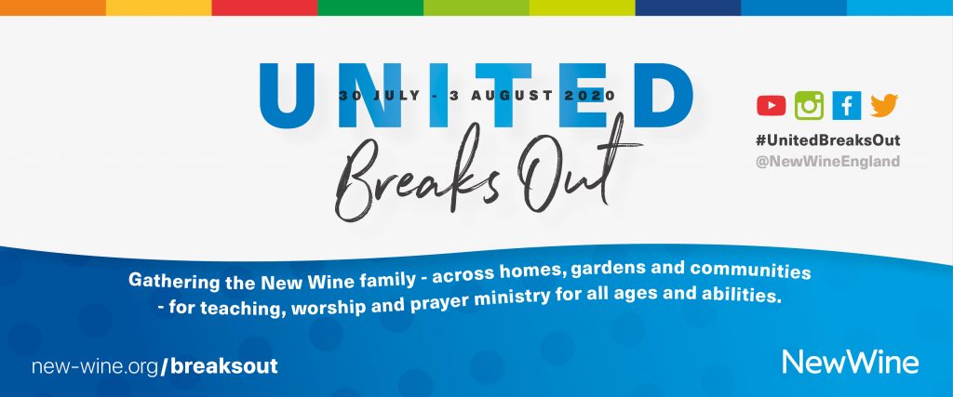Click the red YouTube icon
pos(772,106)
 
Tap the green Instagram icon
pos(809,106)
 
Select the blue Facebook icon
pos(847,106)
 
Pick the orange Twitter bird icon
pos(884,105)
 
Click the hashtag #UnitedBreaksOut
pos(827,140)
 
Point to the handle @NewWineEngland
pos(827,162)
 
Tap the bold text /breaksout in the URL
pos(220,366)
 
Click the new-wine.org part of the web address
pos(96,366)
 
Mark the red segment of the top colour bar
pos(264,7)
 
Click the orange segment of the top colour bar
pos(53,7)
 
